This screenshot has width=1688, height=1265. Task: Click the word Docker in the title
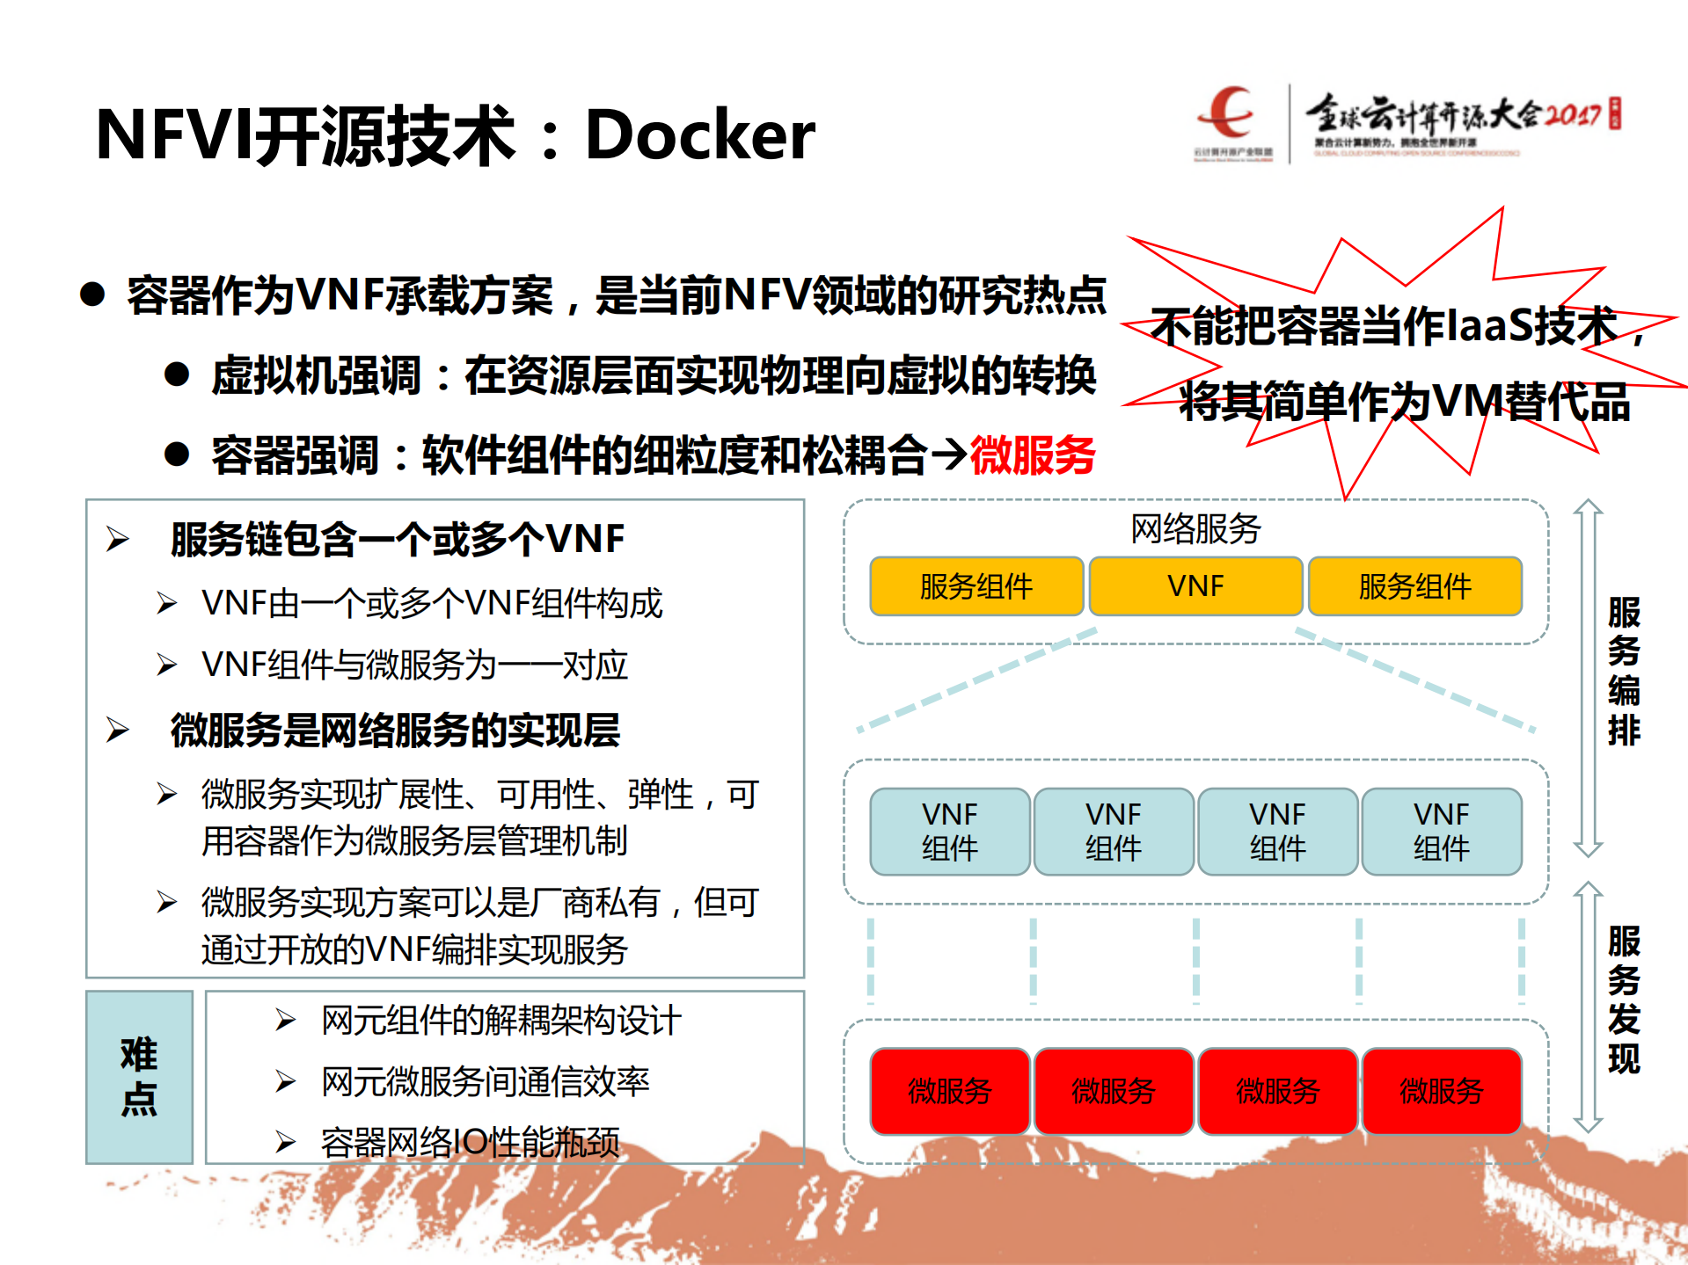coord(699,134)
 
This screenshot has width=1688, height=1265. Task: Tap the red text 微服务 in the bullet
coord(1033,455)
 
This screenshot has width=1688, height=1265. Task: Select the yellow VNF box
coord(1195,585)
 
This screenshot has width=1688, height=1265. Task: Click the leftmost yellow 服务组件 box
coord(976,585)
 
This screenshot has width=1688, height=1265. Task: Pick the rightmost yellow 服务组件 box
coord(1414,585)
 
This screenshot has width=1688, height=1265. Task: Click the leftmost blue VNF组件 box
coord(950,831)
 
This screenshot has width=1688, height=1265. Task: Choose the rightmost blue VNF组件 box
coord(1442,831)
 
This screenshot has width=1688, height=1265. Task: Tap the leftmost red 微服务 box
coord(950,1091)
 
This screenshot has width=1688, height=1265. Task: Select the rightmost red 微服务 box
coord(1442,1091)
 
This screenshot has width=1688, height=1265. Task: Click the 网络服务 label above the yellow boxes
coord(1195,528)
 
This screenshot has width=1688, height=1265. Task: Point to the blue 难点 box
coord(139,1077)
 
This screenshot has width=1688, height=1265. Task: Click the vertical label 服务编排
coord(1624,671)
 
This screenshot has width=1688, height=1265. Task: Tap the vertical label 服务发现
coord(1624,1000)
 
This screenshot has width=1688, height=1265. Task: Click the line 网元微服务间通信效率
coord(485,1081)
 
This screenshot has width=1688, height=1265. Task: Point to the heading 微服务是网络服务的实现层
coord(395,730)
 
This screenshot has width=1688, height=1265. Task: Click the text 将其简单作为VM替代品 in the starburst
coord(1405,402)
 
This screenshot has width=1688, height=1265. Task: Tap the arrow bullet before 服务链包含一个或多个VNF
coord(118,539)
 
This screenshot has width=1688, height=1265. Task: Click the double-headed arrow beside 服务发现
coord(1588,1007)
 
